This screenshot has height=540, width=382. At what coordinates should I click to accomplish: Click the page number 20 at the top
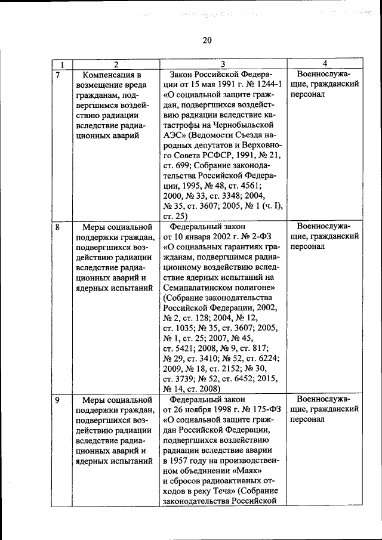(x=207, y=41)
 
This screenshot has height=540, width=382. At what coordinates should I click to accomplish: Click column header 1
(x=62, y=64)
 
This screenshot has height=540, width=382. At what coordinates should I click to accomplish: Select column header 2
(x=116, y=64)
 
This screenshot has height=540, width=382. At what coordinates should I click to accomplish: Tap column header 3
(x=222, y=64)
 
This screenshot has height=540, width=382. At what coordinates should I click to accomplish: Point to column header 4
(x=324, y=64)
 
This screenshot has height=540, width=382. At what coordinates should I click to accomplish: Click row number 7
(x=58, y=75)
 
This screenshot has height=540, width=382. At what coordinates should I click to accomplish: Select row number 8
(x=58, y=227)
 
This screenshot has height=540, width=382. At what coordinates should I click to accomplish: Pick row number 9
(x=58, y=400)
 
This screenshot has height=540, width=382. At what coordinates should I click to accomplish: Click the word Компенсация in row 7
(x=112, y=75)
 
